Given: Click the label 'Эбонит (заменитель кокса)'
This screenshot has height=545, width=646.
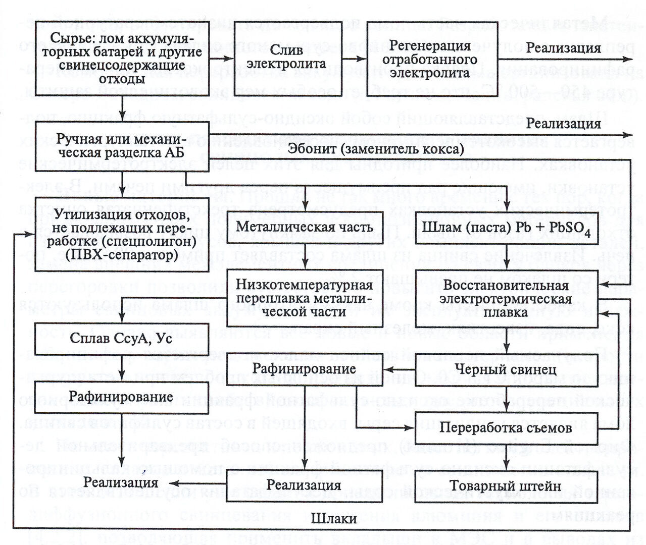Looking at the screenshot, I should coord(376,149).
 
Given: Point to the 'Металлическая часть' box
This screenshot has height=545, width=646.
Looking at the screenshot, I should coord(305,228).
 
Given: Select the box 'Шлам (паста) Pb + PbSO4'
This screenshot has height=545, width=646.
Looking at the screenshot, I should coord(507,228).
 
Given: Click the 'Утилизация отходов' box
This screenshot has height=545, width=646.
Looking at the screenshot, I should coord(122,235).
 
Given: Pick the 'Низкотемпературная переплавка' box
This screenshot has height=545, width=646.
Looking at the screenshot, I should coord(305,298).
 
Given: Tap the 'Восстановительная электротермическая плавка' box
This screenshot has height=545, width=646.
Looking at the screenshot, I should coord(507,298).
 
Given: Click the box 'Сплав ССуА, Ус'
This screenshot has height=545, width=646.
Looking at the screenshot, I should coord(122,338).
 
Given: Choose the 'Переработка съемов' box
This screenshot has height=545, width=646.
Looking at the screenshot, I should coord(507,428).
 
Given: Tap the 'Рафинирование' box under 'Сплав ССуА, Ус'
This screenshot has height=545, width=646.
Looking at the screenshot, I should coord(122,397).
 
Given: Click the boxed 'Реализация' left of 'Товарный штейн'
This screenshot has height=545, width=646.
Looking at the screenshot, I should coord(305,485).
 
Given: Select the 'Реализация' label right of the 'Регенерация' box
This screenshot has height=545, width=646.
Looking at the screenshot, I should coord(564,48).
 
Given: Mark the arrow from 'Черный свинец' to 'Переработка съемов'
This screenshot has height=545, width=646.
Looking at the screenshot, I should coord(507,399).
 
